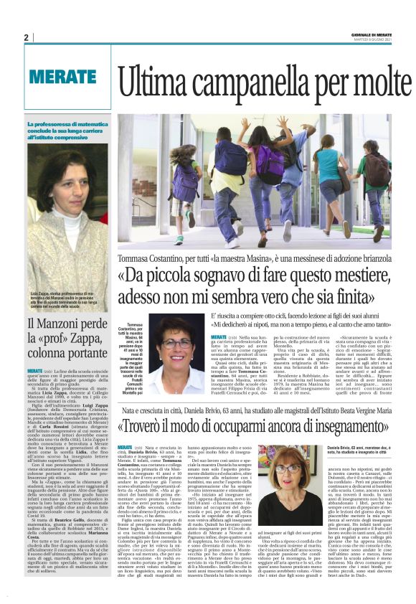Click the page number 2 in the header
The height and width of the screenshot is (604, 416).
26,37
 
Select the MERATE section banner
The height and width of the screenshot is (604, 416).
63,77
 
